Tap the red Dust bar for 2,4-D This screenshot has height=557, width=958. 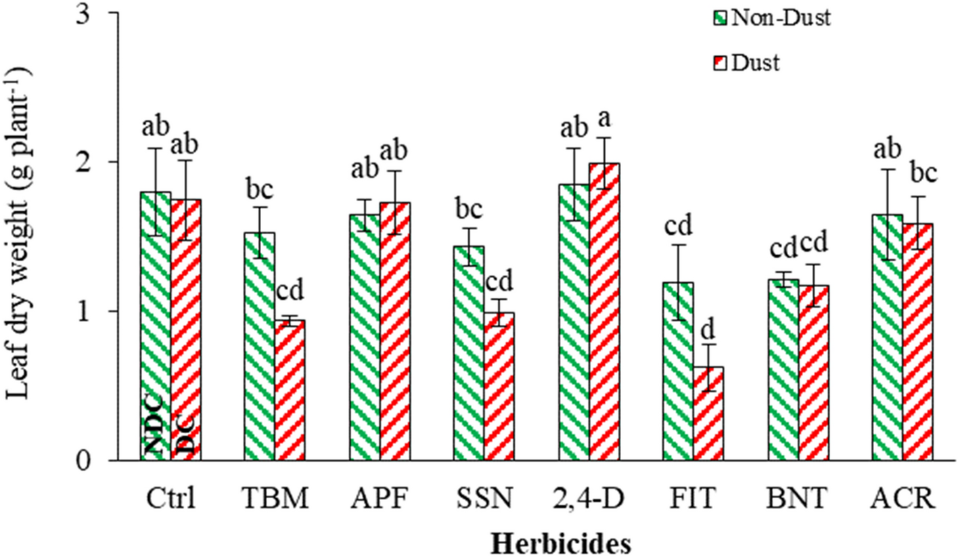(604, 311)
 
